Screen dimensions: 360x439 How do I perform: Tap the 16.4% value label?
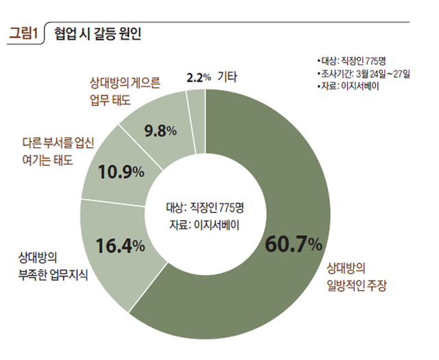pos(120,245)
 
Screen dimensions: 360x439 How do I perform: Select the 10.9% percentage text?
pos(120,171)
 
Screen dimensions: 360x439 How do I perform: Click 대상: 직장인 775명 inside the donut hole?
pos(204,206)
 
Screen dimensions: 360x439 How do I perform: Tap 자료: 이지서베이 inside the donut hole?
pos(204,224)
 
